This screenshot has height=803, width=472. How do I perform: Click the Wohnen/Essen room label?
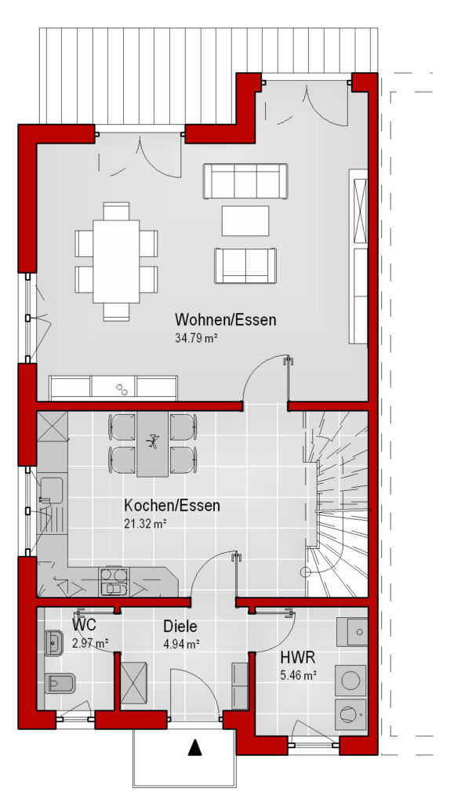(225, 320)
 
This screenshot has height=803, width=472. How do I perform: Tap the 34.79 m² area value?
(197, 338)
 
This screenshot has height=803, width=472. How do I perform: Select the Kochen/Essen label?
(172, 506)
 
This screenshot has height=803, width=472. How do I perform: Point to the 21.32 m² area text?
(146, 523)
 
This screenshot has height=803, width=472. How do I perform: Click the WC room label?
(84, 625)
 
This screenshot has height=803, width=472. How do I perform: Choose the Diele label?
(180, 626)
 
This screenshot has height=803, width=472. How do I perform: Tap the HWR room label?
(297, 657)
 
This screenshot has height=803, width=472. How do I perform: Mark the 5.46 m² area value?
(299, 675)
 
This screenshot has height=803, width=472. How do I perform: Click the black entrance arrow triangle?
(194, 747)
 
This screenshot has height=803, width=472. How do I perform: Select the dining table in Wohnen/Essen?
(116, 262)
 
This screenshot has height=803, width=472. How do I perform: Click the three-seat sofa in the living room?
(245, 181)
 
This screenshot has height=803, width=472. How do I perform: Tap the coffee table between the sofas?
(245, 220)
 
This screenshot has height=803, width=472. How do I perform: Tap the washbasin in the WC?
(53, 643)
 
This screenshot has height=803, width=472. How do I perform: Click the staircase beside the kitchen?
(337, 504)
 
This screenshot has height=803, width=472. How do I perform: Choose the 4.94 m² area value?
(181, 644)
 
